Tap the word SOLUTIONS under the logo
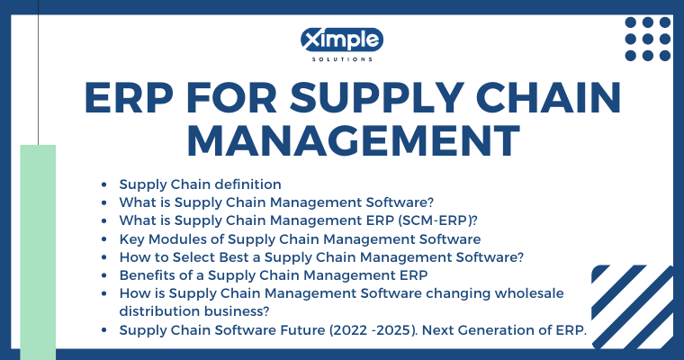pos(342,59)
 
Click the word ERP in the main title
pos(129,98)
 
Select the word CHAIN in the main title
pos(548,98)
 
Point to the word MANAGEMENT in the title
pos(354,140)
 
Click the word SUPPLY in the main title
pos(376,98)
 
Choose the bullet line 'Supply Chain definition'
pos(200,184)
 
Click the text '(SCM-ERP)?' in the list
pos(437,220)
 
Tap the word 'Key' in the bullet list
pos(132,239)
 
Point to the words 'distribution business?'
pos(194,311)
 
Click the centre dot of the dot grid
pos(648,39)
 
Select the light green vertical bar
pos(38,252)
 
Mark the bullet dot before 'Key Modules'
pos(103,239)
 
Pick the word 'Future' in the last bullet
pos(302,330)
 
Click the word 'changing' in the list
pos(458,293)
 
